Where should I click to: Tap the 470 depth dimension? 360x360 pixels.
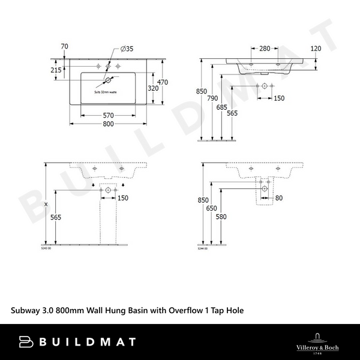[x=162, y=82]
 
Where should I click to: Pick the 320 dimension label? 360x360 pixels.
[x=154, y=88]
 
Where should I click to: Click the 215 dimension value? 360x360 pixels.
[x=56, y=70]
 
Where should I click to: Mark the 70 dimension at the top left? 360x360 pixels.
[x=65, y=46]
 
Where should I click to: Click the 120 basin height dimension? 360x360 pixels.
[x=316, y=48]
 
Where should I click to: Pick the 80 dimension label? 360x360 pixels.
[x=278, y=197]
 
